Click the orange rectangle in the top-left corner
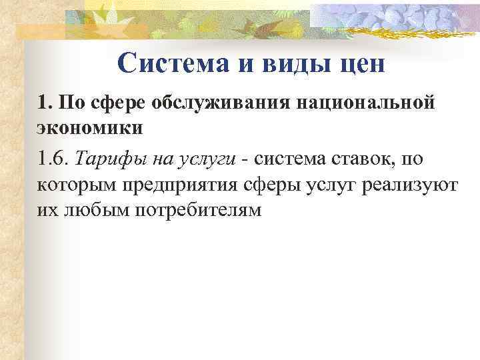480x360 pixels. [x=40, y=30]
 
